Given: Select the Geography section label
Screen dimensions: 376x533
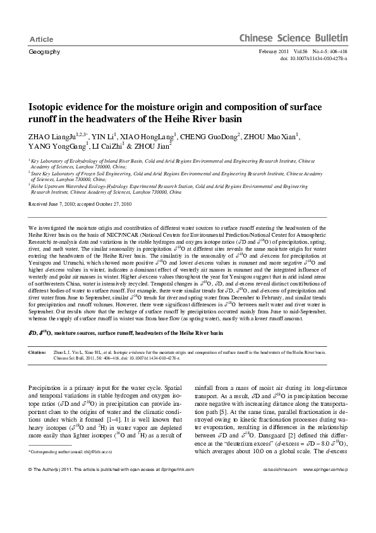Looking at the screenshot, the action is coord(44,51).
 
